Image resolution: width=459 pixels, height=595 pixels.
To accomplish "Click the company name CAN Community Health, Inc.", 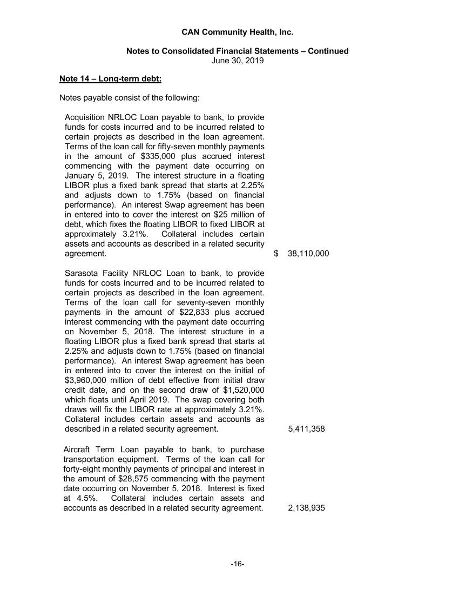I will tap(237, 32).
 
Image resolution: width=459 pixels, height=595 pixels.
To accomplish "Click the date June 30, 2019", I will tap(237, 61).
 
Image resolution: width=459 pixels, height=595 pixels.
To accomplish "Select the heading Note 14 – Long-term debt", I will tap(110, 79).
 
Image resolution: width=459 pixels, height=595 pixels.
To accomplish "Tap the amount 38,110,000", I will tap(308, 254).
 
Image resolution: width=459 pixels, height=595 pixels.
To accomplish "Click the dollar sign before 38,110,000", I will tap(276, 254).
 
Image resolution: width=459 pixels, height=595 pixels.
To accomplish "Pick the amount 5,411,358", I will tap(306, 429).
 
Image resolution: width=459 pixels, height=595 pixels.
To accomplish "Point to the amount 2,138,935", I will tap(306, 508).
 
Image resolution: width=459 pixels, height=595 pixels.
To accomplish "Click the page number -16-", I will tap(237, 564).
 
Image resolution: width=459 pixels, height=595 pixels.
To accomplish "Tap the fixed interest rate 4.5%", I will tap(84, 498).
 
